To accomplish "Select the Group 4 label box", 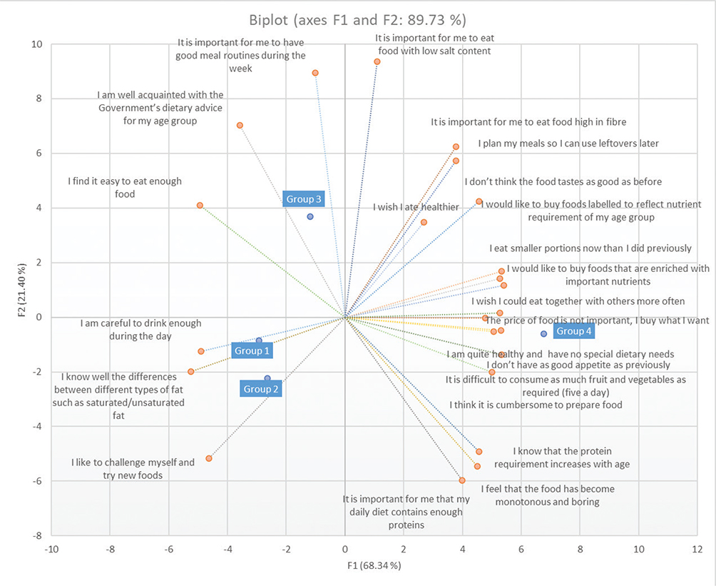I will [x=574, y=331].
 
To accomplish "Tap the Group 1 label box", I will [x=252, y=350].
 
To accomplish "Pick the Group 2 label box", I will [x=261, y=389].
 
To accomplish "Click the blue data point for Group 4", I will [x=544, y=333].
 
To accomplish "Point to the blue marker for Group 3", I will [x=310, y=216].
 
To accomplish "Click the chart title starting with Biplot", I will [x=358, y=18].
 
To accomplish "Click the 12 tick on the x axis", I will [x=697, y=550].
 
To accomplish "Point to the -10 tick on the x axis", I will [x=51, y=550].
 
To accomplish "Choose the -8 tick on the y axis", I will [x=36, y=536].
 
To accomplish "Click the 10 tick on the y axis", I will [x=36, y=44].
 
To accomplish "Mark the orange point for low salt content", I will [x=377, y=62].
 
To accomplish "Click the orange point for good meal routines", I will [x=315, y=73].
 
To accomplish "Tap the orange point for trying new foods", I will [x=209, y=458].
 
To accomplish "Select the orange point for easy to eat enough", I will [x=200, y=206].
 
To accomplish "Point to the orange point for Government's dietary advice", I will [x=240, y=126].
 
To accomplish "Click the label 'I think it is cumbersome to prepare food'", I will [x=536, y=405].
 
